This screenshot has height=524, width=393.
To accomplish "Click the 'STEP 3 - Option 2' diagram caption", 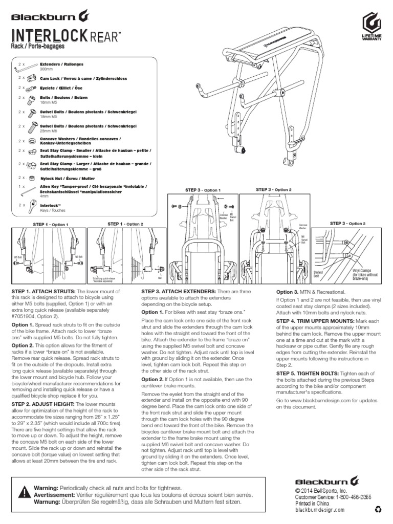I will click(273, 190).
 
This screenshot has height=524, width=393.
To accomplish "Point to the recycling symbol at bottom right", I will click(378, 510).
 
